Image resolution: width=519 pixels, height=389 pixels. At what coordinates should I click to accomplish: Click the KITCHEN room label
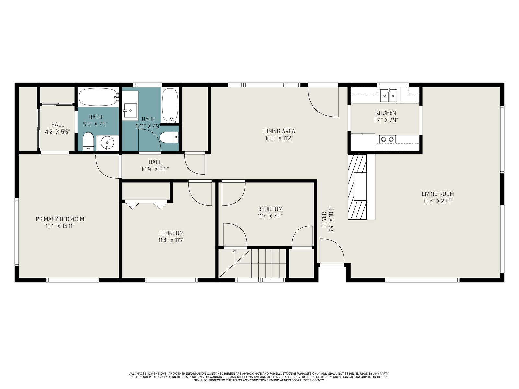(385, 113)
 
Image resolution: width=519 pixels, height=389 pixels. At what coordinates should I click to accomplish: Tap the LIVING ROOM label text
(438, 194)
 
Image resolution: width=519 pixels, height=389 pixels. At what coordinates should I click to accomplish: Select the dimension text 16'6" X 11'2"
(279, 138)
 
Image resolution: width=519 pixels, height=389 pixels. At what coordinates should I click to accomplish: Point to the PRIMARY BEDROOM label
(60, 219)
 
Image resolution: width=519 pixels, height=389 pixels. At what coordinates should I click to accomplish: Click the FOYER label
(324, 220)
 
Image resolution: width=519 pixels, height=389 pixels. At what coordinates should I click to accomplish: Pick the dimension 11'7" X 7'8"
(270, 216)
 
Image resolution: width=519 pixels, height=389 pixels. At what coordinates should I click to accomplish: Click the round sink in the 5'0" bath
(107, 143)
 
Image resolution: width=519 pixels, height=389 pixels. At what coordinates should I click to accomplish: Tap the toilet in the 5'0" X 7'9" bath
(88, 141)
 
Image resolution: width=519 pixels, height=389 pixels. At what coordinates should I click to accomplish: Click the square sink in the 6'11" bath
(130, 110)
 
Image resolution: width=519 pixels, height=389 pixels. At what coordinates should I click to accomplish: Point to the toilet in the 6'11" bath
(169, 137)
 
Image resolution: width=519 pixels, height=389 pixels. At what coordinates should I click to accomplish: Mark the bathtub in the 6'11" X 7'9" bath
(170, 105)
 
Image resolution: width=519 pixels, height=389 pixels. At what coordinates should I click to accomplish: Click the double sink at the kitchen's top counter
(389, 96)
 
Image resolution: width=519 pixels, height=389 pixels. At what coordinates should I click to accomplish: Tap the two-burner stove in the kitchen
(387, 139)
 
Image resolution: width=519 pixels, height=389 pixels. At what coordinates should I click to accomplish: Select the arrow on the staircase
(235, 256)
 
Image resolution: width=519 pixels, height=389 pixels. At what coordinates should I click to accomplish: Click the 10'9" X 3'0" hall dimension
(155, 169)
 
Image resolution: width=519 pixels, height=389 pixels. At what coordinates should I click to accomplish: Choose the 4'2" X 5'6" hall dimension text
(58, 132)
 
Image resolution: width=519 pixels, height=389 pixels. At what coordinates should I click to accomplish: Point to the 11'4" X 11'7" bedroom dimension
(171, 241)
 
